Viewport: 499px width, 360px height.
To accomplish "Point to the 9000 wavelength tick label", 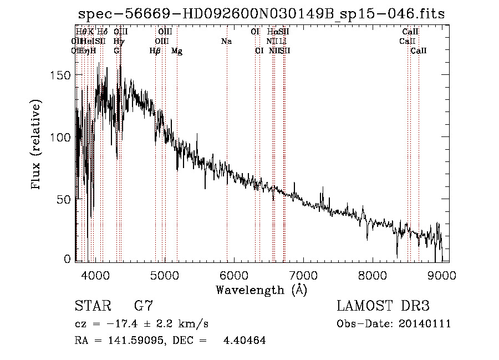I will coord(442,275).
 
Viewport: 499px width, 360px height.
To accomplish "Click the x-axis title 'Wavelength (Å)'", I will coord(261,290).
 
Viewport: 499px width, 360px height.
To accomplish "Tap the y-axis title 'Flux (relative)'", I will coord(37,146).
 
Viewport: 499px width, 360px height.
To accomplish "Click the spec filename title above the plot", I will coord(261,14).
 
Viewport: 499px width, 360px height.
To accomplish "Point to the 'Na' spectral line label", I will coord(226,41).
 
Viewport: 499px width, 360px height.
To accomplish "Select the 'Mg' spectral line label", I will coord(177,51).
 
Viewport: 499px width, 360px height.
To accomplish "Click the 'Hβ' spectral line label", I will coord(155,51).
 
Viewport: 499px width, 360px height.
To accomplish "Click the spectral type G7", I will coord(144,306).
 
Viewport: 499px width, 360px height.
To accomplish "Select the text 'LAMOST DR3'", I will coord(383,306).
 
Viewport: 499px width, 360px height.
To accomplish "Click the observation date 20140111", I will coord(425,324).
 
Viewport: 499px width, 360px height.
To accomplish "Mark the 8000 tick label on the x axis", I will coord(373,275).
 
